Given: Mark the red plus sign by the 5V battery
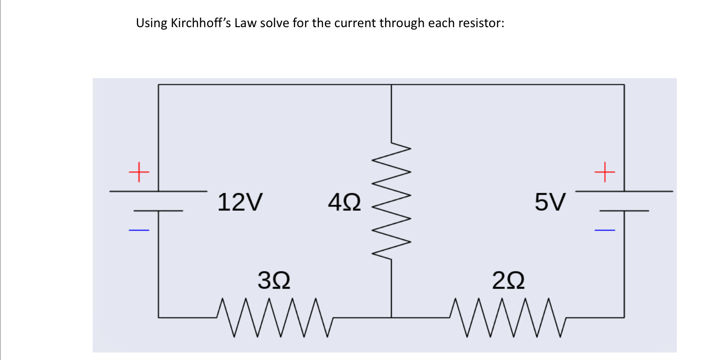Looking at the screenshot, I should [604, 172].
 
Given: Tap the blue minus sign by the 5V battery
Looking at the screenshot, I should [604, 230].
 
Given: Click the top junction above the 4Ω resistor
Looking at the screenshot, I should [391, 85].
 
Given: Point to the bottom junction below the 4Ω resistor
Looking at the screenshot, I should [391, 317].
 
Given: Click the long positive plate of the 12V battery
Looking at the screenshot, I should [158, 191].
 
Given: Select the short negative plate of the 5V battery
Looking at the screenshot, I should [624, 211].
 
